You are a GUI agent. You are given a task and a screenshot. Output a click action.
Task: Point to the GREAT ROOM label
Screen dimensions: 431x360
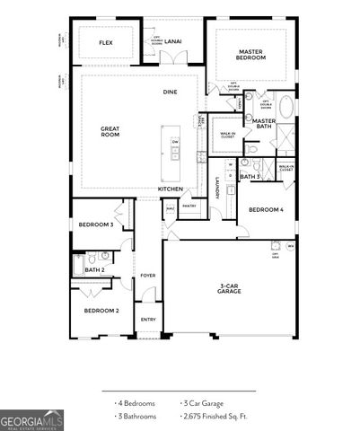[110, 131]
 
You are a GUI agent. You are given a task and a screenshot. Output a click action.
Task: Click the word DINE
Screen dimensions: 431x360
[170, 92]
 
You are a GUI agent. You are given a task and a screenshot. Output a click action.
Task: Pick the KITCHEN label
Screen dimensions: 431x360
[171, 189]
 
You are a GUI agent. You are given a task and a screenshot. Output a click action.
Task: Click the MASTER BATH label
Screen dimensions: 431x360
[263, 124]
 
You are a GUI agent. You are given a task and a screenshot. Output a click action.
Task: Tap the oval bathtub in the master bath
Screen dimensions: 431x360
[285, 107]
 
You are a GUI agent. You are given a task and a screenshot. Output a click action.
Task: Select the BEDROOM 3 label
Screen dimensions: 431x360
[95, 224]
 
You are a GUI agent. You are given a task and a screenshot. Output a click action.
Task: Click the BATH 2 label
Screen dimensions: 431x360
[95, 269]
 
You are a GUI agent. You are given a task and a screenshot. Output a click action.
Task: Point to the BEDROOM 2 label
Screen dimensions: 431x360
[101, 311]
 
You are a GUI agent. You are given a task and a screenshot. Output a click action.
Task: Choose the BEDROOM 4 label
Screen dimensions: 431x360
[266, 209]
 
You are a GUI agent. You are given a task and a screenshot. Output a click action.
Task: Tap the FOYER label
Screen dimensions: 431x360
[147, 276]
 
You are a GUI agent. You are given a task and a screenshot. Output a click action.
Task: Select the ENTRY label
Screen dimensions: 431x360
[148, 319]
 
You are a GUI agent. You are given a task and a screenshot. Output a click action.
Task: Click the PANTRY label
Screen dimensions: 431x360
[189, 206]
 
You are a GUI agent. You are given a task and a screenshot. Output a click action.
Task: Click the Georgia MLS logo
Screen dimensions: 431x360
[31, 420]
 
